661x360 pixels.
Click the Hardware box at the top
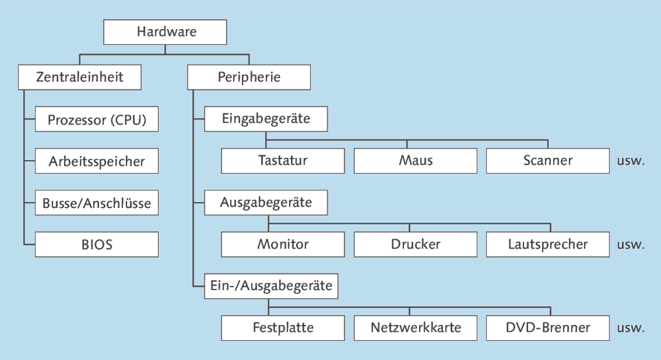point(166,32)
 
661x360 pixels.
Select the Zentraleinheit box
point(79,77)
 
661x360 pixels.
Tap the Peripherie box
point(249,77)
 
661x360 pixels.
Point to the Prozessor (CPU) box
point(97,120)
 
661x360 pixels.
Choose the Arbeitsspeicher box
point(97,161)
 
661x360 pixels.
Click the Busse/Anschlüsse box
point(97,203)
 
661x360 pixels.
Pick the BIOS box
point(97,244)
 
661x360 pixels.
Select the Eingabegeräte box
point(266,120)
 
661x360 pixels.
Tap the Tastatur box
point(283,161)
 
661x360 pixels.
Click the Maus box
point(415,161)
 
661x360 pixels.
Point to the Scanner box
point(547,161)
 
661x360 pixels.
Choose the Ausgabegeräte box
point(266,203)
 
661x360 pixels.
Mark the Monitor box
point(283,244)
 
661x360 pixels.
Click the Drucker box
point(415,244)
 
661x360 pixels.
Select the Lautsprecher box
point(547,244)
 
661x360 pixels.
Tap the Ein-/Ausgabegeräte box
point(271,287)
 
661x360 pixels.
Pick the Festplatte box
point(283,328)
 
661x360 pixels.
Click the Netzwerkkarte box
point(415,328)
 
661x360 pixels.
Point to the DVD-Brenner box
point(547,328)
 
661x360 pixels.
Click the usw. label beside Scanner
point(630,161)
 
